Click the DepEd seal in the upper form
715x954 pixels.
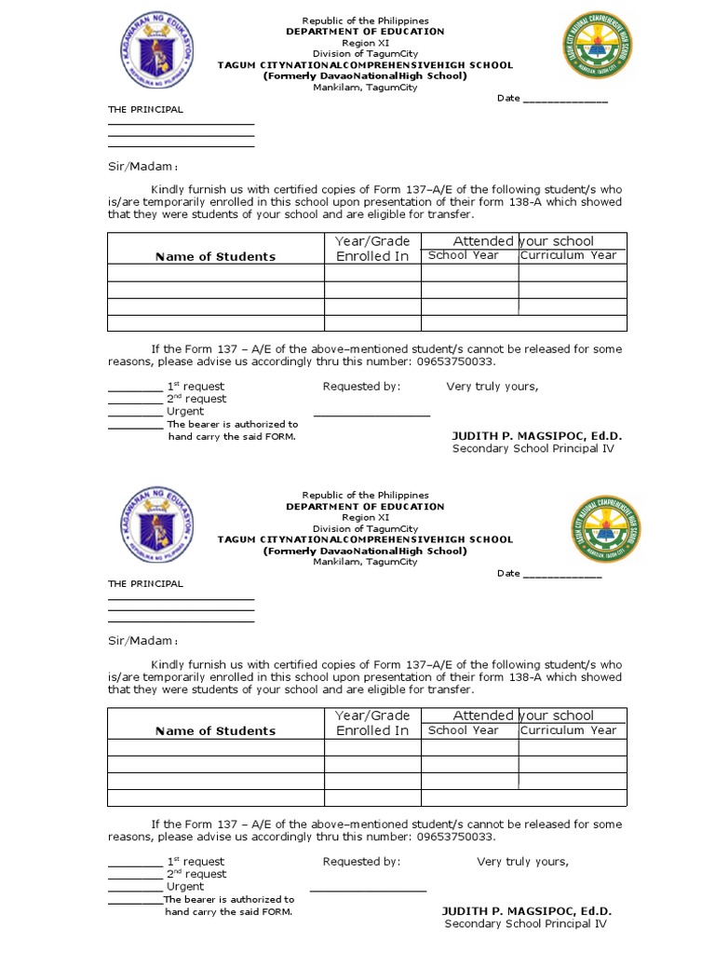(155, 56)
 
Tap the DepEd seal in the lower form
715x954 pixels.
(155, 526)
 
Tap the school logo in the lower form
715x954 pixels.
(605, 529)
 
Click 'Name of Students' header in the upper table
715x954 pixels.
(215, 257)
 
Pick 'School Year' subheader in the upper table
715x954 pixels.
(463, 255)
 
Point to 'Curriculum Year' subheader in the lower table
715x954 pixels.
(569, 730)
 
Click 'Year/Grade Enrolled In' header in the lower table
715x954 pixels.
(372, 723)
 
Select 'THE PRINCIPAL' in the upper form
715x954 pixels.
(145, 110)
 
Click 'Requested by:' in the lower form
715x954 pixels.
(361, 862)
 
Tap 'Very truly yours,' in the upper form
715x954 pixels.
(492, 387)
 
